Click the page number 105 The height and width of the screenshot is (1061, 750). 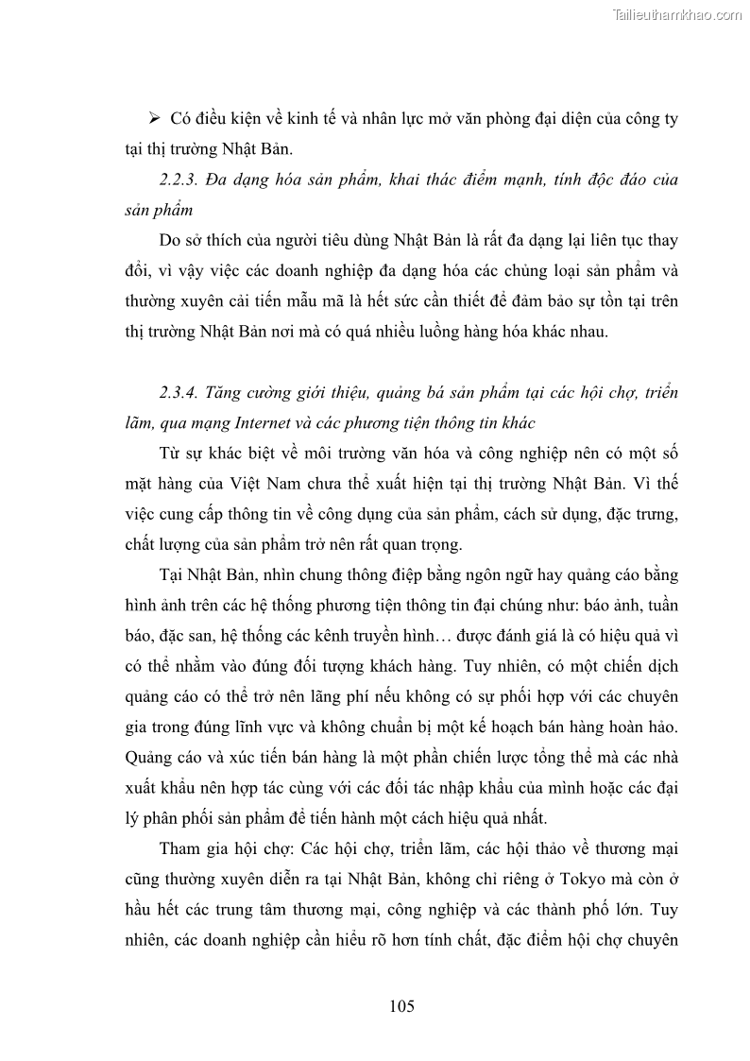(x=401, y=1005)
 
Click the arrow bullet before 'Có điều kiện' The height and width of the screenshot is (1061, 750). (x=156, y=120)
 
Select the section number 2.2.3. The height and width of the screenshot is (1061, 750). (x=181, y=180)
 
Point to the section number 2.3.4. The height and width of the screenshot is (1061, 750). (x=181, y=392)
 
